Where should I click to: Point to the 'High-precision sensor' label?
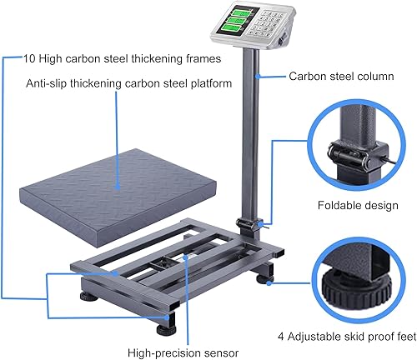click(181, 351)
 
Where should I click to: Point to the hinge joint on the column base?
click(248, 224)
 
